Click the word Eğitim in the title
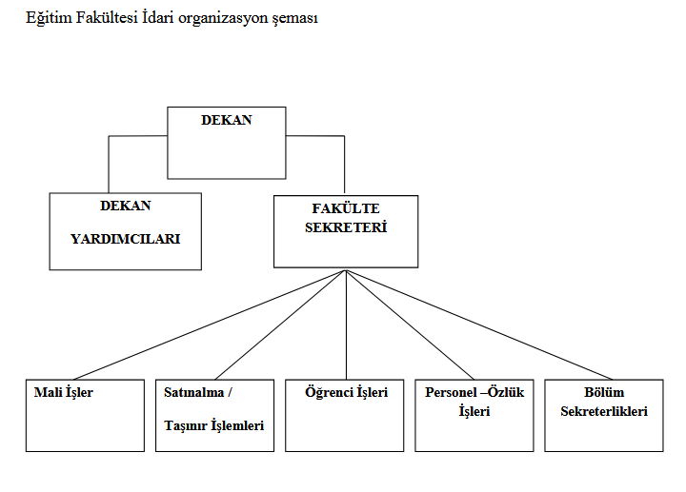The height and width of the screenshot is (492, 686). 49,18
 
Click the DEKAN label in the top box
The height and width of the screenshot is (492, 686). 227,120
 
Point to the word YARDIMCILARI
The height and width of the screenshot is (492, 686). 126,239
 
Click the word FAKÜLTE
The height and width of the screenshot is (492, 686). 346,208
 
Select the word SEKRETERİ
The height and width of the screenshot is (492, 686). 346,227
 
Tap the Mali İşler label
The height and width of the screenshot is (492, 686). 64,392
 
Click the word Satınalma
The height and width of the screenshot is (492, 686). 193,392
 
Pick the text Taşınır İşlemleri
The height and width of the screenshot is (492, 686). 214,425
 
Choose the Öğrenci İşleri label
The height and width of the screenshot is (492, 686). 347,392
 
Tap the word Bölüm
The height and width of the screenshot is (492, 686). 604,392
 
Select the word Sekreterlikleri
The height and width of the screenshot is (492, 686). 604,411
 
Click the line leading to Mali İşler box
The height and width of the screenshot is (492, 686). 210,325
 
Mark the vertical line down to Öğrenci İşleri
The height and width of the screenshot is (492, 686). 346,325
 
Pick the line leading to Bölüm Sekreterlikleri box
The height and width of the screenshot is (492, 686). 479,325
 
